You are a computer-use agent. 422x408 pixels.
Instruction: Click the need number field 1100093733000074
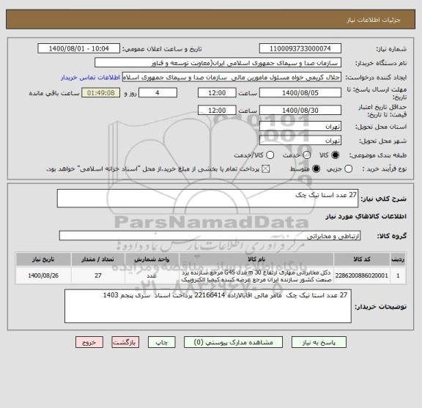(x=300, y=48)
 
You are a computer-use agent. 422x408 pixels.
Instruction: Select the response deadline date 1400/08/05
(x=300, y=94)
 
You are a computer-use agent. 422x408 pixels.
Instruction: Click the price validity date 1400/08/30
(x=300, y=110)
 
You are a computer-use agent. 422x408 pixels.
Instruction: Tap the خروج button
(x=89, y=342)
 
